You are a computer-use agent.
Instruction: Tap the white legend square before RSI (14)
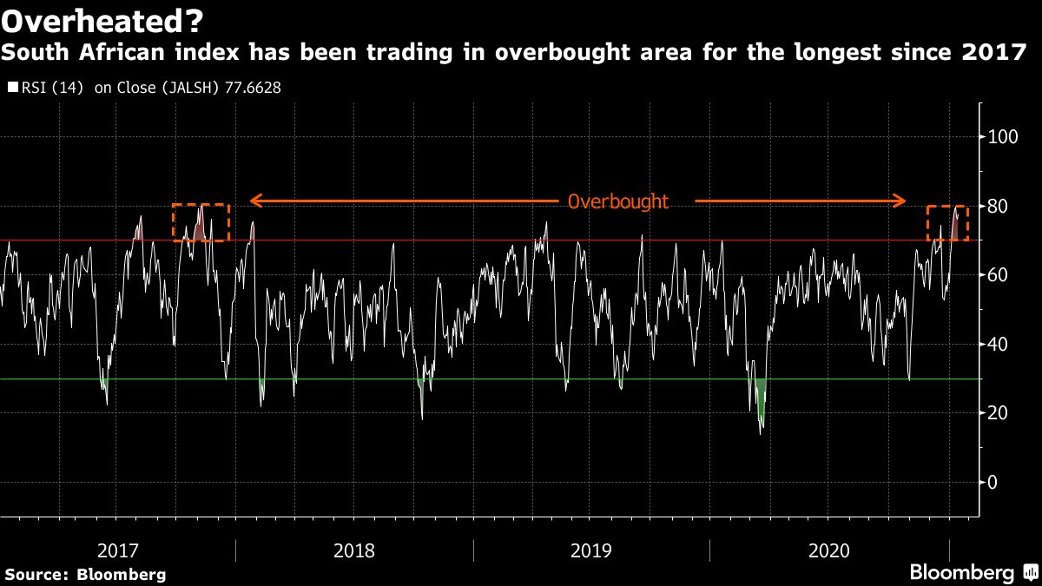coord(11,88)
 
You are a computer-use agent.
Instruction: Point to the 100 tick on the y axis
coord(1003,136)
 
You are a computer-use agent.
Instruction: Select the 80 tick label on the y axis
coord(999,206)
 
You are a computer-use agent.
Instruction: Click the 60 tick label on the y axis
coord(999,274)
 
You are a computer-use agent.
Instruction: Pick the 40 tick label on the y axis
coord(999,344)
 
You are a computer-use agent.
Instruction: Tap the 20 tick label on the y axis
coord(999,412)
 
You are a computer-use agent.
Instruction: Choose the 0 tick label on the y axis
coord(995,482)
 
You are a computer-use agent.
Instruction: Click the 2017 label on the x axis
coord(118,550)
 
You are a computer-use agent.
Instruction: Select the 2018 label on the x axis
coord(354,550)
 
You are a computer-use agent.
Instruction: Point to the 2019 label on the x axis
coord(590,550)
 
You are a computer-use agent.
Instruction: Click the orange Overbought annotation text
coord(617,201)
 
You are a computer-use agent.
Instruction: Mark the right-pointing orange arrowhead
coord(900,201)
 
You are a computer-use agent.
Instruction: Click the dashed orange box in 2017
coord(201,222)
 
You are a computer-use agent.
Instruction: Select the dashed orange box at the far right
coord(947,223)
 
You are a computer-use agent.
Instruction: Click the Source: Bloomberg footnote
coord(85,574)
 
